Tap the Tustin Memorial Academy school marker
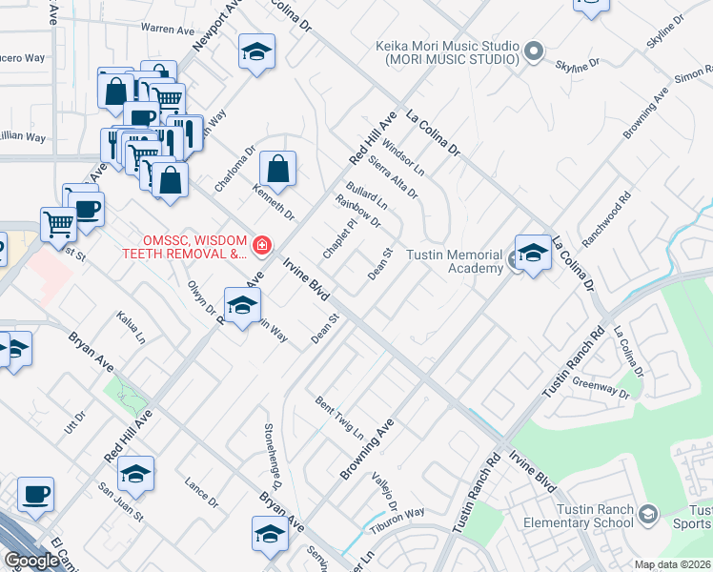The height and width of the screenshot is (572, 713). click(x=533, y=254)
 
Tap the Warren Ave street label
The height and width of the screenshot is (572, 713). click(x=167, y=30)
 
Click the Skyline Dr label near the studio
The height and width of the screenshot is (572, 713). click(x=581, y=63)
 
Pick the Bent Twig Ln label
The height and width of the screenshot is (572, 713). click(x=340, y=417)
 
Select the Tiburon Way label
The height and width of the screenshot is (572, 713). click(x=402, y=514)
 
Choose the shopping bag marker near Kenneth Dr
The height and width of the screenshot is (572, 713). click(x=277, y=171)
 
